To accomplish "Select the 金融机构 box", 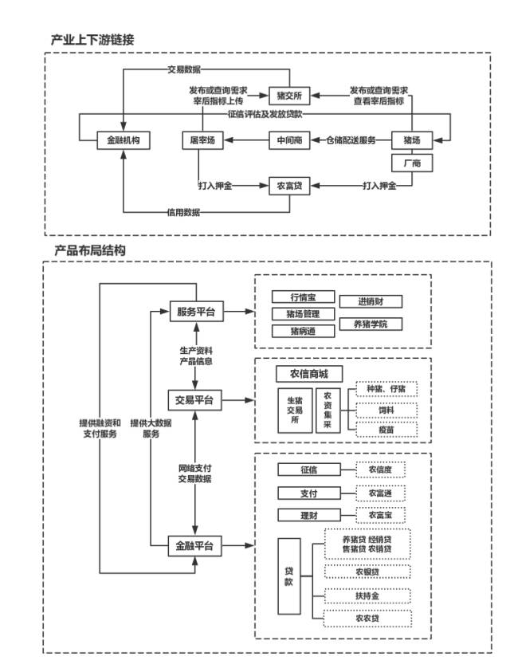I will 124,141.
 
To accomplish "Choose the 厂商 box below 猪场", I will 412,163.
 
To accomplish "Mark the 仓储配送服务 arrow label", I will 351,141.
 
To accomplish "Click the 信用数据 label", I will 183,213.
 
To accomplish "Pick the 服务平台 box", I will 196,312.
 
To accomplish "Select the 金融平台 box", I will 196,547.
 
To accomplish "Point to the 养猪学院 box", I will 371,324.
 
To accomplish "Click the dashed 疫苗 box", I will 386,430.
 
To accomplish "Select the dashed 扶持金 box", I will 367,595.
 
